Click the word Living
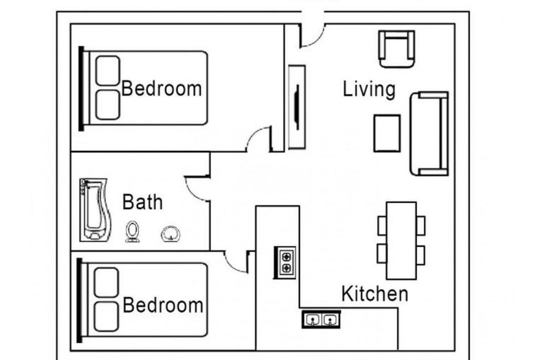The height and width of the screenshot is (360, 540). [x=369, y=89]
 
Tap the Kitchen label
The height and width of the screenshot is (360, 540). [x=374, y=294]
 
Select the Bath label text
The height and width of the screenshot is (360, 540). [x=142, y=202]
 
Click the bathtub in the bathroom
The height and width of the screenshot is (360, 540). [x=95, y=209]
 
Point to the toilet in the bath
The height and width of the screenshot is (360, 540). [x=132, y=231]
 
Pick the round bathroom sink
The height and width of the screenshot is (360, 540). [x=170, y=234]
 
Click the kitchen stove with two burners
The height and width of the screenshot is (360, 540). [x=285, y=262]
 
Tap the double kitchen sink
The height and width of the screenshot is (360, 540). [x=321, y=319]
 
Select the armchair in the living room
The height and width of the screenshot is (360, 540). [x=396, y=49]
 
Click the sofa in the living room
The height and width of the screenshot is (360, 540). [x=429, y=133]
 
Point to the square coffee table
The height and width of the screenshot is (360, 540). [x=387, y=133]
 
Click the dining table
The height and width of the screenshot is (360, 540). [x=401, y=240]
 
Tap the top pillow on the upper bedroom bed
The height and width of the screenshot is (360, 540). [x=108, y=70]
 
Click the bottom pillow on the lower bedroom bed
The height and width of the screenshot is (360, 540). [x=106, y=316]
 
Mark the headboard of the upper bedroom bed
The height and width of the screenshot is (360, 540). [x=81, y=88]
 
